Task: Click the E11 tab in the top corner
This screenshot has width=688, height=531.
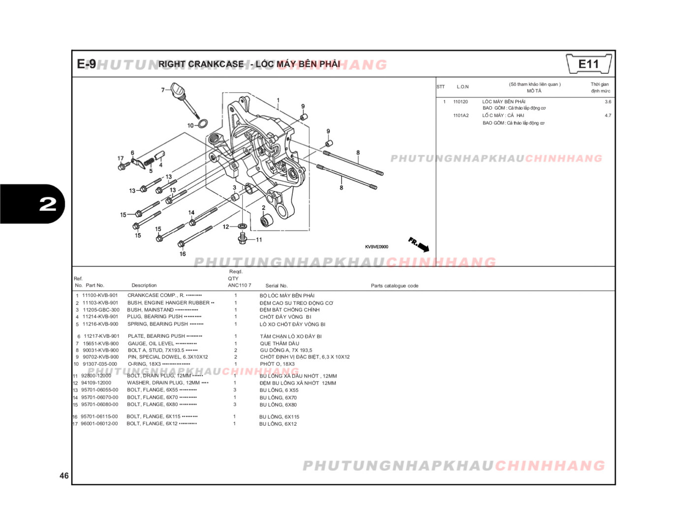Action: [589, 64]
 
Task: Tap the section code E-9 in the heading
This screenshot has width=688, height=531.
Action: [86, 64]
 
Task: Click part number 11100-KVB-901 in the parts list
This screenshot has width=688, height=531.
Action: [100, 295]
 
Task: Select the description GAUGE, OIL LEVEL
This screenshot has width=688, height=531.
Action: [151, 344]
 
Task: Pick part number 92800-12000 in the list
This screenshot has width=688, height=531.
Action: [96, 376]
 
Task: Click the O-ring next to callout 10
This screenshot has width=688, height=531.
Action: [202, 123]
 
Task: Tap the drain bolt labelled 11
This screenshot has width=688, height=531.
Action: [242, 238]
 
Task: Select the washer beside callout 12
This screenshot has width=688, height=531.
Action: [242, 226]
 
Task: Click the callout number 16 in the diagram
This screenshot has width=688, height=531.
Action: [183, 254]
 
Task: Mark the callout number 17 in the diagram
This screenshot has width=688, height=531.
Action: [121, 158]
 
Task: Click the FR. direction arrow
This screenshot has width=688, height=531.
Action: [419, 244]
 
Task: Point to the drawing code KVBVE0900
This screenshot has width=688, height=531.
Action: [376, 247]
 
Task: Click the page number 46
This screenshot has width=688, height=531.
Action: [64, 475]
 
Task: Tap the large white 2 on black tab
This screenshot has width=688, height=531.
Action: [48, 204]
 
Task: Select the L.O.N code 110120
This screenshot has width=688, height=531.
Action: [461, 102]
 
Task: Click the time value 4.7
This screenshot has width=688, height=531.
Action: [608, 116]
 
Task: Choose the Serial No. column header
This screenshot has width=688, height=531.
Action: [277, 286]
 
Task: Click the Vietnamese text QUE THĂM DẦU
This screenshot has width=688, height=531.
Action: [280, 344]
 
